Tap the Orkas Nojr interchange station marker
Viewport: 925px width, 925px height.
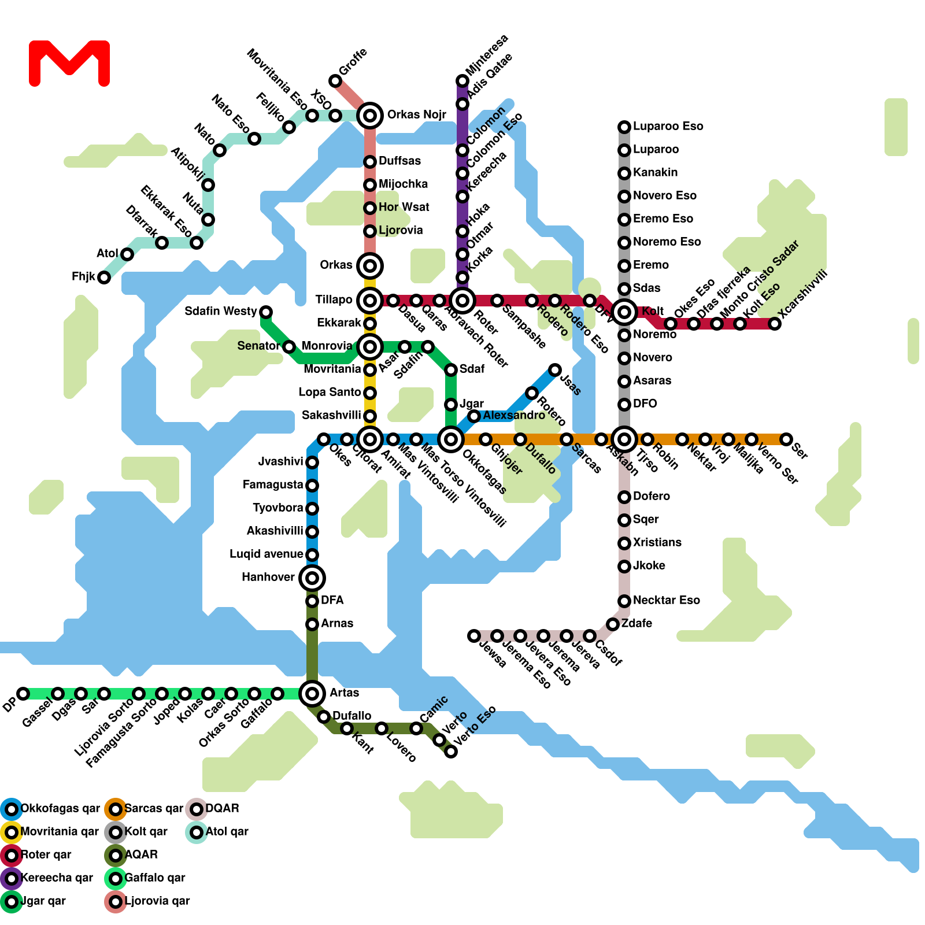point(370,116)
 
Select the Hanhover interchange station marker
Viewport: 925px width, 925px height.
point(312,578)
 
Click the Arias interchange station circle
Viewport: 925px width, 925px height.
point(312,693)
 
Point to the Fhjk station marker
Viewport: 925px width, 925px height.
point(104,277)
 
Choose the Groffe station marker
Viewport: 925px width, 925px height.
point(335,80)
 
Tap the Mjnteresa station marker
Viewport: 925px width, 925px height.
point(462,80)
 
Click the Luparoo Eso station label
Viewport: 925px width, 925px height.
point(668,127)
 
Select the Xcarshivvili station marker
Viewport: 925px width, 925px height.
point(775,324)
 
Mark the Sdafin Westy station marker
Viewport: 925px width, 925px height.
point(266,312)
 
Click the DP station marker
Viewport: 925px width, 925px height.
point(23,693)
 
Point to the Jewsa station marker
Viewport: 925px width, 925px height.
point(474,636)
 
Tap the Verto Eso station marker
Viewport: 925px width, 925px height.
point(451,751)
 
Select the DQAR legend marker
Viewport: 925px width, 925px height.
point(197,809)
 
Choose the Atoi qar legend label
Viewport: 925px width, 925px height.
point(227,832)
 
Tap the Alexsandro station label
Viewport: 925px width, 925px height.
point(514,416)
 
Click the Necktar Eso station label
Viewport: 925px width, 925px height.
point(666,601)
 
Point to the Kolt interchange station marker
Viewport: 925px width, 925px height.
point(624,312)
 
